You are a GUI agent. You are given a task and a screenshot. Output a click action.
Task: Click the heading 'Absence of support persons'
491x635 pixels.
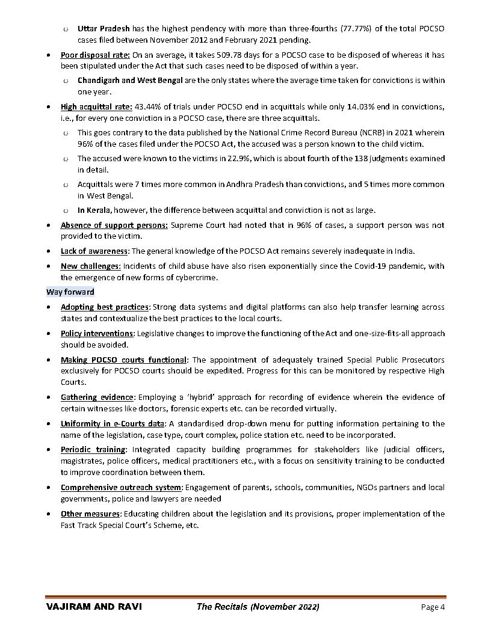pyautogui.click(x=114, y=225)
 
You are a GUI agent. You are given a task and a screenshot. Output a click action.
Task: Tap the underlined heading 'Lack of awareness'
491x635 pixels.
pyautogui.click(x=94, y=251)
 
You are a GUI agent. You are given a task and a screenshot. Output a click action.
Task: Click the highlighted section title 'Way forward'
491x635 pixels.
pyautogui.click(x=70, y=292)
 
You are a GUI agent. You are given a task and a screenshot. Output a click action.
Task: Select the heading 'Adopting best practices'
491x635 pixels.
pyautogui.click(x=104, y=307)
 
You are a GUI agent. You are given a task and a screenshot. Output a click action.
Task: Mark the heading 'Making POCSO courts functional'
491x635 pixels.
pyautogui.click(x=124, y=360)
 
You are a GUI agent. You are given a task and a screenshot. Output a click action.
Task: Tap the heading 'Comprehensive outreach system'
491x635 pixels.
pyautogui.click(x=120, y=488)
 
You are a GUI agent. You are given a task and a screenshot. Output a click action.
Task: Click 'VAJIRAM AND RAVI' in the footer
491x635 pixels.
pyautogui.click(x=94, y=607)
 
